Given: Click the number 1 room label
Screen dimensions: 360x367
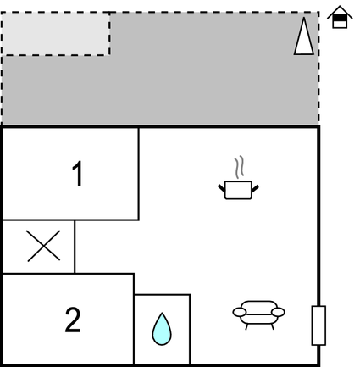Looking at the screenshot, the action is [77, 174].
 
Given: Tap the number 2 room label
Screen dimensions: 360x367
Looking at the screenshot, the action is [73, 320].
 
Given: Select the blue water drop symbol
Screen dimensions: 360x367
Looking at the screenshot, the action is [162, 329].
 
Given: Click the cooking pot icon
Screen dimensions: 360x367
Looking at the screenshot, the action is [238, 190].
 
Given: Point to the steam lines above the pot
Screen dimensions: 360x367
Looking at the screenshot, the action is [239, 167].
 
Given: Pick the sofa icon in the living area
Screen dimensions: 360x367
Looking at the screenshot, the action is [258, 314].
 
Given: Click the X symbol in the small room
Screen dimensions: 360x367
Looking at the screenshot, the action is [44, 246].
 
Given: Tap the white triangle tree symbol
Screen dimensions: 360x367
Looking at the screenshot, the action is [304, 36].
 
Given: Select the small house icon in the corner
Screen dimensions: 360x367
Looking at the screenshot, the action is [340, 17].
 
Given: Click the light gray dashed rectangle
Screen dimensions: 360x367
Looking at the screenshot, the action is [56, 34].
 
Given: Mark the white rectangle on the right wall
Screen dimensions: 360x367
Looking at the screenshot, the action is [318, 325].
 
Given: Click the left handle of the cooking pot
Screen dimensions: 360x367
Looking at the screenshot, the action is [221, 188].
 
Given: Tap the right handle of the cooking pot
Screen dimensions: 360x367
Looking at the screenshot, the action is [255, 188].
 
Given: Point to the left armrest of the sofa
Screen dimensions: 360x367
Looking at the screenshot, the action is [240, 312].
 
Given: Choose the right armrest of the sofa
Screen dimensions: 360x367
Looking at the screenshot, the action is [278, 312].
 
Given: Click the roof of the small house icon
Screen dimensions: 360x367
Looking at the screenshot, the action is [340, 12].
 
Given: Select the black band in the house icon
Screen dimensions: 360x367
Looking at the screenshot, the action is [340, 19].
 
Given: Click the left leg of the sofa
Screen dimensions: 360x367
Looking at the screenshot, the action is [246, 326].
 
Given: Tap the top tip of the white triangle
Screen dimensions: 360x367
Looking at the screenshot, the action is [304, 18].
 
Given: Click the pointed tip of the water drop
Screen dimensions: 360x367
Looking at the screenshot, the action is [162, 313].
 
